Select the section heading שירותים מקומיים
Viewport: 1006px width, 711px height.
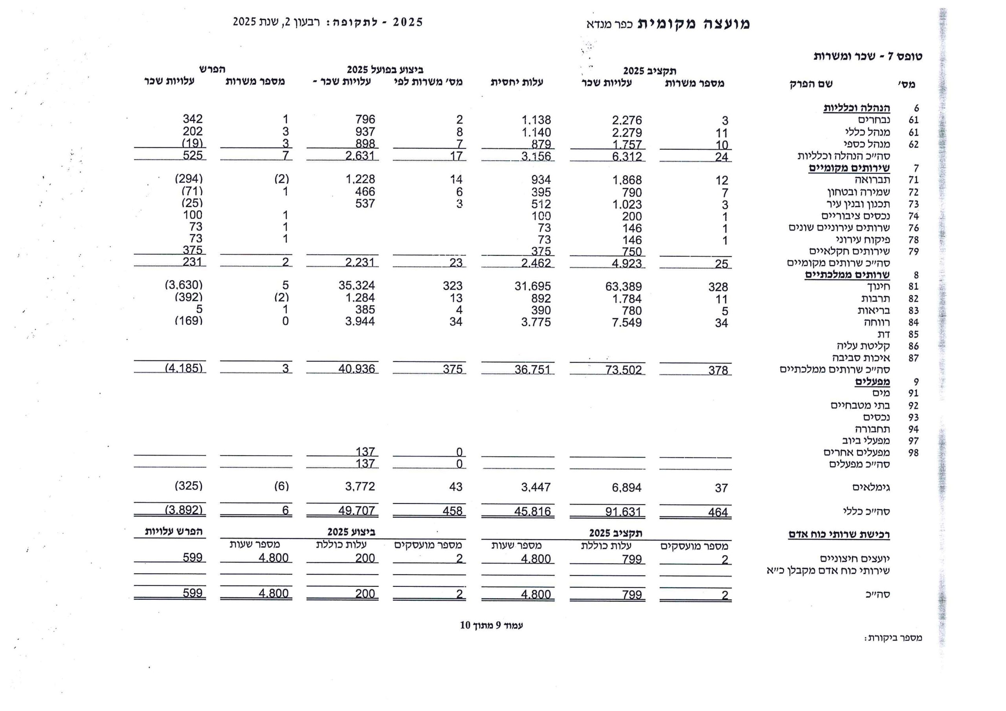point(849,168)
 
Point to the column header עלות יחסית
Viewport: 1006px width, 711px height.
point(517,82)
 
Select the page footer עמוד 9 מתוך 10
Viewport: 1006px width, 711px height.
point(491,626)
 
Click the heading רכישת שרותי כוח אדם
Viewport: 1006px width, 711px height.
point(839,535)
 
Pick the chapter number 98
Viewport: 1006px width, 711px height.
point(913,453)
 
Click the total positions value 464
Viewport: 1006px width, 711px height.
point(718,512)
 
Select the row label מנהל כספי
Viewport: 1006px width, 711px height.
point(866,144)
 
